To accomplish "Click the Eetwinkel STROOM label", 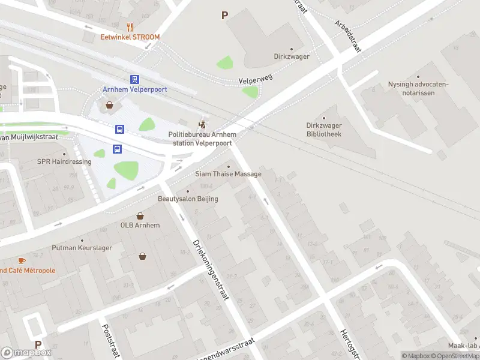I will [130, 37].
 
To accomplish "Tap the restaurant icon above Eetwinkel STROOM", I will [130, 26].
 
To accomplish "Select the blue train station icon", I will [134, 79].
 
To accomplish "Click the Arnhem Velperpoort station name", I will [134, 89].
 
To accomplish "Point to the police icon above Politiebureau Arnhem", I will [203, 125].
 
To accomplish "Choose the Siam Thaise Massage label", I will [228, 174].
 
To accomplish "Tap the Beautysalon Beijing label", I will [188, 199].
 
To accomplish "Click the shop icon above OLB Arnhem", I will [140, 215].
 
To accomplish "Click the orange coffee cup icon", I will [22, 260].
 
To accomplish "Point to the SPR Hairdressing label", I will [64, 162].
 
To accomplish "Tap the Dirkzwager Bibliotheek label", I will [324, 130].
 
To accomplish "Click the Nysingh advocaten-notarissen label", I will [418, 88].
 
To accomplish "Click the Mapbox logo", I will [26, 352].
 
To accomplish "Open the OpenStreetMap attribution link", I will [455, 356].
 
